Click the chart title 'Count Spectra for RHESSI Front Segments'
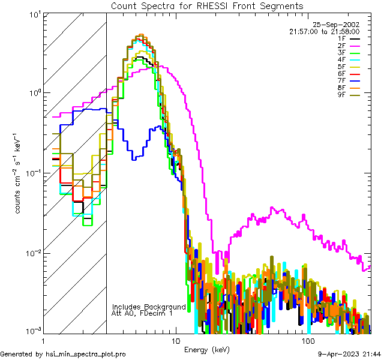pos(207,5)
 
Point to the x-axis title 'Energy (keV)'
pos(207,350)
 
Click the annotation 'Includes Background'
pos(149,307)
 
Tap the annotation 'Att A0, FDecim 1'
pos(142,313)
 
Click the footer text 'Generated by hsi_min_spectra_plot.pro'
pos(63,355)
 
